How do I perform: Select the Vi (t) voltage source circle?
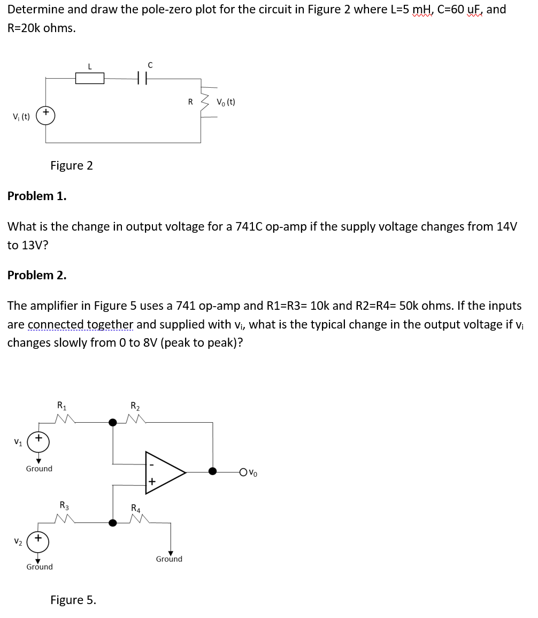click(x=45, y=116)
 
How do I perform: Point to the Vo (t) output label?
click(x=226, y=102)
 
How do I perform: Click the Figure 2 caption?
click(x=72, y=165)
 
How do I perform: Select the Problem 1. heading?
click(x=37, y=196)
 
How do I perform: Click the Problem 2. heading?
click(x=37, y=275)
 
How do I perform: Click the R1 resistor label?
click(x=62, y=405)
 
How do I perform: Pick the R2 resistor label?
click(x=136, y=405)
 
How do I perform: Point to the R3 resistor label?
click(x=64, y=505)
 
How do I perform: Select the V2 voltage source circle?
click(x=39, y=540)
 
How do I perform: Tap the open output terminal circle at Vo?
click(x=244, y=472)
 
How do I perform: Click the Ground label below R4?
click(x=169, y=559)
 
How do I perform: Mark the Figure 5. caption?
click(x=73, y=600)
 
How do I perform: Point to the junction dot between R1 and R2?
click(x=113, y=423)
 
